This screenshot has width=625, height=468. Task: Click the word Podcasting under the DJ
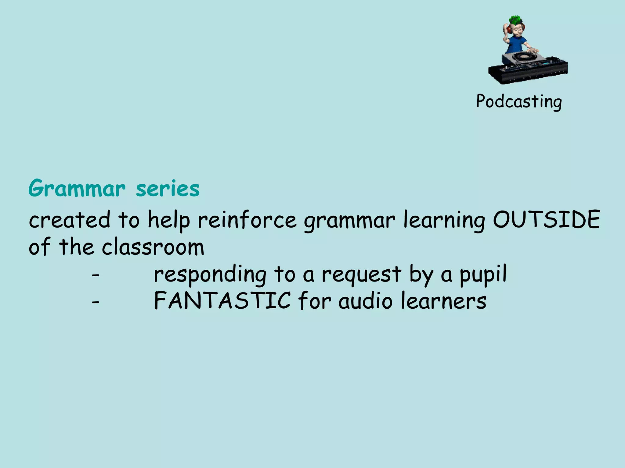519,101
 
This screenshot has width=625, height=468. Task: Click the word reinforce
247,220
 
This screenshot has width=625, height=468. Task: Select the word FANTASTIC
222,301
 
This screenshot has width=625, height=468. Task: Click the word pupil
483,274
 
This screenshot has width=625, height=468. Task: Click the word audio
365,301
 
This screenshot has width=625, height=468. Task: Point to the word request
362,274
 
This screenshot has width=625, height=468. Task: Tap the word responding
210,274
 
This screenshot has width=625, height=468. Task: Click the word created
70,220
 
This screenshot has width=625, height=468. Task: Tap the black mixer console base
528,73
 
